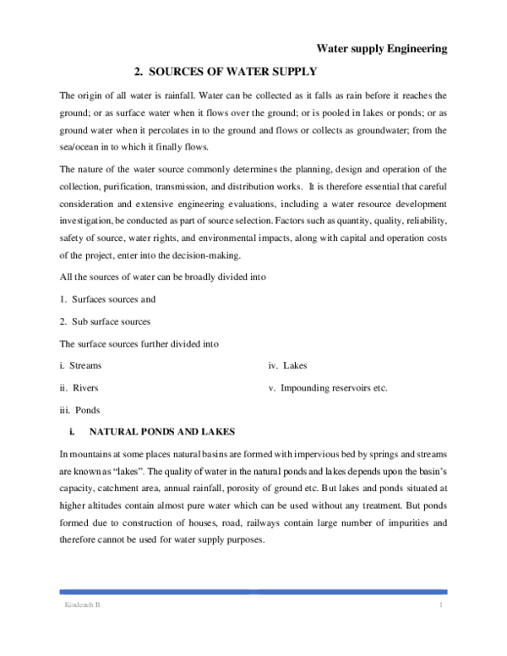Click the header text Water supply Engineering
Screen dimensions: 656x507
[x=381, y=50]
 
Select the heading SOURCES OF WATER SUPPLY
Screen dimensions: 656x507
[x=226, y=73]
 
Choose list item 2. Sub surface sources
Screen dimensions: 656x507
[x=105, y=321]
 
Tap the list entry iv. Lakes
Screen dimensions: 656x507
[x=287, y=365]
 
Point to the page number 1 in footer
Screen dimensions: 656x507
[x=441, y=608]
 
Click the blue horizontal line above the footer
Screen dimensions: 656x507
[x=253, y=592]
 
